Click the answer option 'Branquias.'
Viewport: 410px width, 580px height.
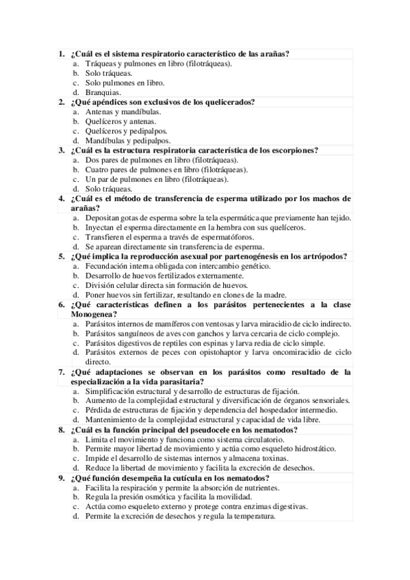tap(103, 92)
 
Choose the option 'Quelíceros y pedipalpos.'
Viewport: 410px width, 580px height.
tap(127, 131)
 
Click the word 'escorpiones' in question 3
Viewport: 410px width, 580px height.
tap(295, 150)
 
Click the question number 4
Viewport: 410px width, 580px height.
tap(62, 198)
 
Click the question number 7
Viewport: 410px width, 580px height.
tap(62, 371)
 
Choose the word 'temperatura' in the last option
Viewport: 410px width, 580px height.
tap(253, 516)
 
